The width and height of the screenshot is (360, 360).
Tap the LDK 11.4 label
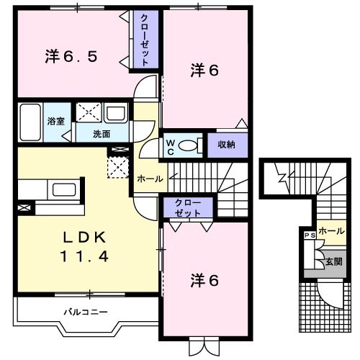[84, 247]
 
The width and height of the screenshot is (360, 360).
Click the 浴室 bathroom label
[56, 121]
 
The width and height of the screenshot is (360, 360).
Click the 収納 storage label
[227, 145]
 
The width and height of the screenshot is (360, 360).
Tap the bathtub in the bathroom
[30, 122]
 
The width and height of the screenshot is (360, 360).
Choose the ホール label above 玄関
[331, 232]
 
